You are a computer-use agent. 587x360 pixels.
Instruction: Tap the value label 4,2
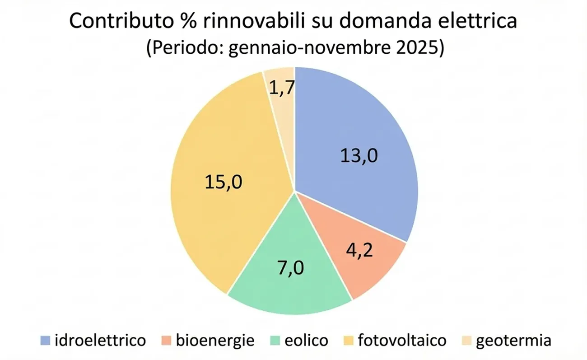pyautogui.click(x=359, y=250)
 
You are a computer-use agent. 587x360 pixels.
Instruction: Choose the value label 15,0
pyautogui.click(x=224, y=182)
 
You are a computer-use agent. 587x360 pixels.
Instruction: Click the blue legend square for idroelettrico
pyautogui.click(x=45, y=340)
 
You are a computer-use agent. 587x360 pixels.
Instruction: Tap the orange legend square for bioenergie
pyautogui.click(x=167, y=340)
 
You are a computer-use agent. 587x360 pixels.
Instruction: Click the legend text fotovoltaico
pyautogui.click(x=402, y=340)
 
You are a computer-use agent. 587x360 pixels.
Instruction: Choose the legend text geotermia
pyautogui.click(x=513, y=340)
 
